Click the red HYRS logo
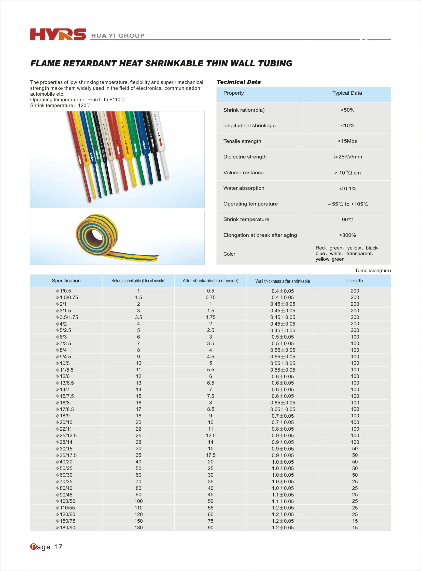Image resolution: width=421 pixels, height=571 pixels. pos(58,34)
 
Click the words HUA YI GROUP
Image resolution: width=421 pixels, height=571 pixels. pos(118,36)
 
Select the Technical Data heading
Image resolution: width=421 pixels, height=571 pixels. pos(238,82)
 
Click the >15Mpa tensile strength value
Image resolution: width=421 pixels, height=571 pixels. pos(347,141)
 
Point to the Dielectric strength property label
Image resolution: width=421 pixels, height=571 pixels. pos(245,157)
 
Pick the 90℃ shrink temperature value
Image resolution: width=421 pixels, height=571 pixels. pos(347,219)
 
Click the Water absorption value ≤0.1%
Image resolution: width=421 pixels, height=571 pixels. pos(347,189)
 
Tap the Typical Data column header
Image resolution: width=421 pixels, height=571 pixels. pos(347,93)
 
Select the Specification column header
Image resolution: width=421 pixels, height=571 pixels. pos(66,281)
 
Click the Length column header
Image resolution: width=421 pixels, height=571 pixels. pos(355,281)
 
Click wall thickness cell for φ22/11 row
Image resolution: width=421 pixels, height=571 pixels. pos(282,429)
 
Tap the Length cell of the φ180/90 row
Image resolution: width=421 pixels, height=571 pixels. pos(355,528)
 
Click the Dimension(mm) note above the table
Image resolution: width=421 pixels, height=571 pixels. pos(373,270)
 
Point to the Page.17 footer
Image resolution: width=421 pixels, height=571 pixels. pos(46,547)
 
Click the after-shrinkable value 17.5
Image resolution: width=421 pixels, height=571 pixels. pos(210,455)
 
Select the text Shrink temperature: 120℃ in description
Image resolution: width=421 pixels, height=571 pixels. pos(60,106)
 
